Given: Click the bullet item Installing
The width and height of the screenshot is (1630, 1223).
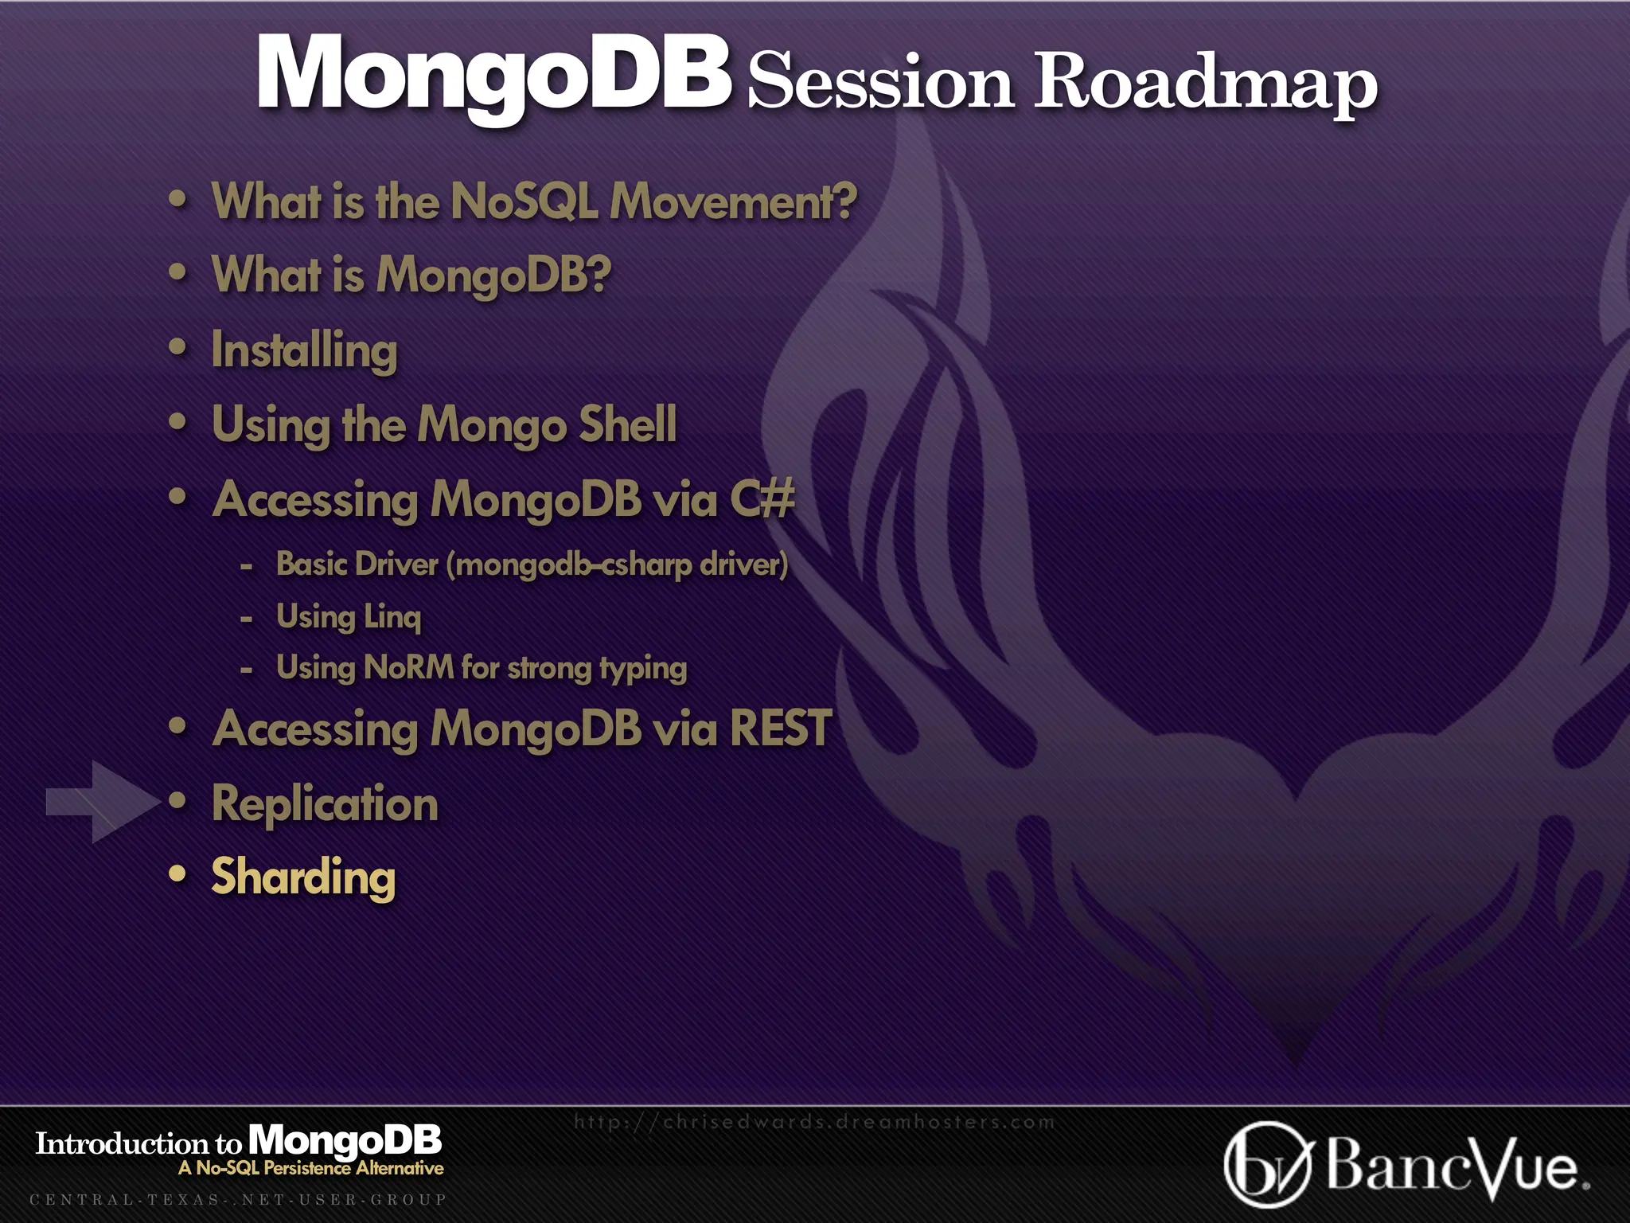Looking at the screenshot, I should (x=304, y=350).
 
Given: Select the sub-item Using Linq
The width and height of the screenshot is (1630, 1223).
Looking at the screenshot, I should (x=349, y=616).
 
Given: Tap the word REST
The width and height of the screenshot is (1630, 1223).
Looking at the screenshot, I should (x=780, y=728).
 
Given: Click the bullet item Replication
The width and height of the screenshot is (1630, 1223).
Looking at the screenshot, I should (x=325, y=803).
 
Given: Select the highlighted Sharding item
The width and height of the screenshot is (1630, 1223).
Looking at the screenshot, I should (x=303, y=877).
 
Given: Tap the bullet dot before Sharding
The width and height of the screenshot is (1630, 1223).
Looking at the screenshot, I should (x=177, y=873).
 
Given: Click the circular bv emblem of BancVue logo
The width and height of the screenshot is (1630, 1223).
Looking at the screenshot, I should (x=1267, y=1164).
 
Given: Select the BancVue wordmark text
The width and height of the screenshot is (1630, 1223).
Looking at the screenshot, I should (x=1453, y=1166).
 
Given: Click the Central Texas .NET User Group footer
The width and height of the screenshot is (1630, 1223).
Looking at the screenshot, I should (x=238, y=1199).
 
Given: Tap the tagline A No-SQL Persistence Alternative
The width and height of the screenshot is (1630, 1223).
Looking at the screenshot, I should (x=311, y=1168).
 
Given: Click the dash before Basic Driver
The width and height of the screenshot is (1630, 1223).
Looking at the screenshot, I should (x=247, y=566).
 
